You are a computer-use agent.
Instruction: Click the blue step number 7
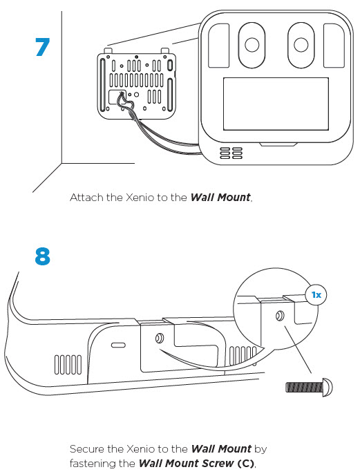pos(42,47)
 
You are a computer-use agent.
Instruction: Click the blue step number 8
pos(42,256)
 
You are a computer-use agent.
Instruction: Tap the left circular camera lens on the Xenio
pos(252,45)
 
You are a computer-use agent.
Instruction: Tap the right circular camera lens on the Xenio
pos(301,45)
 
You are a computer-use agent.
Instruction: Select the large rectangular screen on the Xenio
pos(276,104)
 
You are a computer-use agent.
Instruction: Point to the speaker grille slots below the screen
pos(231,153)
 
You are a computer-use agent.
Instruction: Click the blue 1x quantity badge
pos(316,294)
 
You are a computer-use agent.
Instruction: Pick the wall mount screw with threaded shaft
pos(309,387)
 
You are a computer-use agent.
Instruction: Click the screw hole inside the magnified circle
pos(280,316)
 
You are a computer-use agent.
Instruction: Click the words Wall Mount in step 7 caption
pos(220,198)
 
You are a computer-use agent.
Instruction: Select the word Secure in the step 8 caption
pos(87,448)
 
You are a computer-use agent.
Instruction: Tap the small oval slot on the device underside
pos(118,345)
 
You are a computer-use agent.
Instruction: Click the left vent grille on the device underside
pos(68,365)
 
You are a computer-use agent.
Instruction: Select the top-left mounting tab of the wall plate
pos(108,51)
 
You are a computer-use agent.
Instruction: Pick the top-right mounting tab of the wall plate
pos(164,51)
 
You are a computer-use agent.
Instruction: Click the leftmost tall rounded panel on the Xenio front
pos(219,46)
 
